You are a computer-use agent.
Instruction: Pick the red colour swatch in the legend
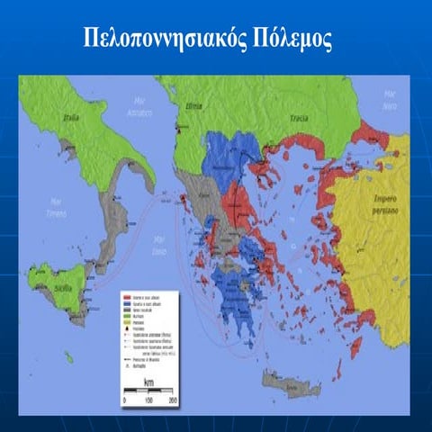126,296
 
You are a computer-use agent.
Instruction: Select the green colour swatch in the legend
126,317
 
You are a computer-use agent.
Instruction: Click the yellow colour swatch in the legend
126,323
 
